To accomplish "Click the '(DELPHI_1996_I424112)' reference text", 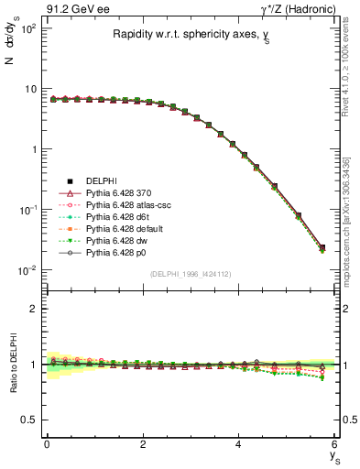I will click(191, 274).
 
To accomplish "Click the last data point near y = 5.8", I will click(321, 247).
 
